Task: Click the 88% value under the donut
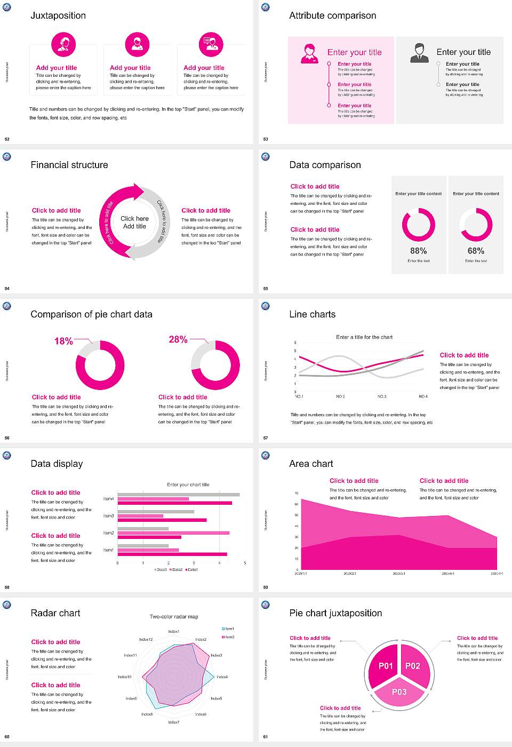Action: tap(418, 251)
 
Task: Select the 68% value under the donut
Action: tap(476, 251)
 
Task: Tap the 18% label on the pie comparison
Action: tap(63, 341)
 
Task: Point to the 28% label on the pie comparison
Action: tap(178, 339)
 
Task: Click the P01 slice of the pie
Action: tap(386, 666)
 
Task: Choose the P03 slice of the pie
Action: tap(399, 692)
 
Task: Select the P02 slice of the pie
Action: tap(413, 666)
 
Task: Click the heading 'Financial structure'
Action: tap(69, 165)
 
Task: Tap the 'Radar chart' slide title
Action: tap(55, 613)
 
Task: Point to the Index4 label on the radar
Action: tap(222, 677)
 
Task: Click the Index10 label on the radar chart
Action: tap(124, 677)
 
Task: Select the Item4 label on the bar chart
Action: tap(108, 499)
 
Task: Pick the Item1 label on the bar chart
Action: tap(108, 550)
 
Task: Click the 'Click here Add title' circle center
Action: tap(134, 222)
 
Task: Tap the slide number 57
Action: tap(266, 438)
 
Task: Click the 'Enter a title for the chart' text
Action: tap(364, 337)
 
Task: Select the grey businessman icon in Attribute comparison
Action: tap(420, 53)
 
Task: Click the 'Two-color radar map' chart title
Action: tap(174, 617)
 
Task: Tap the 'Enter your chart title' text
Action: tap(188, 484)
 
